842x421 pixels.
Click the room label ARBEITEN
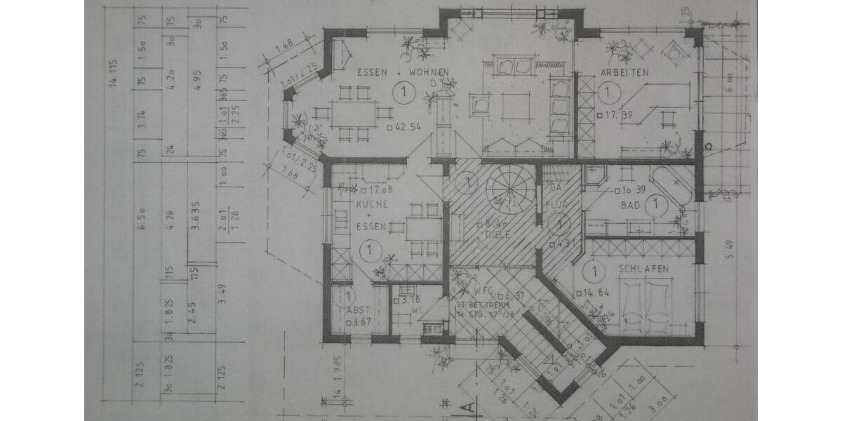pyautogui.click(x=624, y=72)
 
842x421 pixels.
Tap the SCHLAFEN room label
pyautogui.click(x=643, y=269)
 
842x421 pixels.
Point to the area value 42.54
pyautogui.click(x=408, y=127)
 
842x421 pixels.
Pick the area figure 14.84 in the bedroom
pyautogui.click(x=595, y=292)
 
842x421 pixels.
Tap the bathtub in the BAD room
pyautogui.click(x=671, y=185)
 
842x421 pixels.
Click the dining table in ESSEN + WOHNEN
pyautogui.click(x=354, y=113)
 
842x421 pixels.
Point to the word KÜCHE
pyautogui.click(x=368, y=203)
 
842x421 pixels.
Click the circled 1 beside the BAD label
pyautogui.click(x=655, y=206)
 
